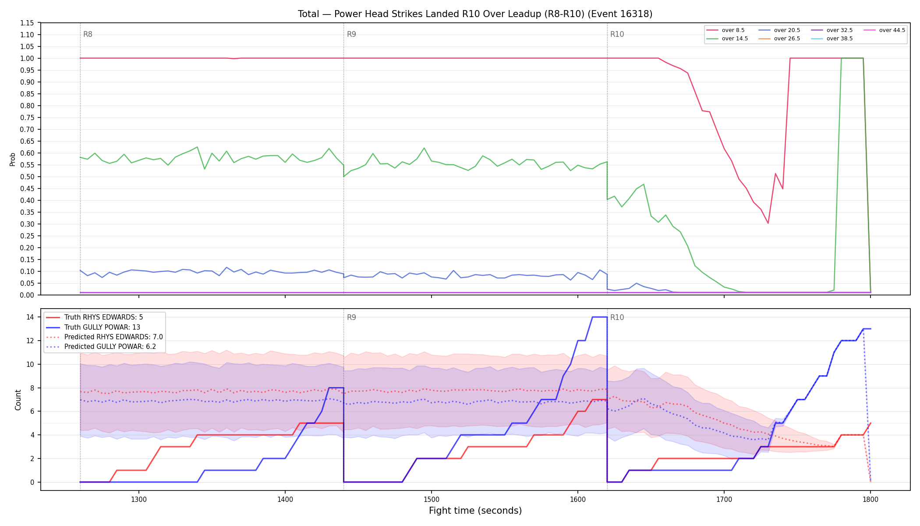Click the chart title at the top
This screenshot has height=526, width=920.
(475, 14)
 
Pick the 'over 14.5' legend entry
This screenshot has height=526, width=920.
(727, 39)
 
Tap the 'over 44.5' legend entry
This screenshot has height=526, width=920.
(885, 30)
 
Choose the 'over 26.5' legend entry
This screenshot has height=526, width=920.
(779, 39)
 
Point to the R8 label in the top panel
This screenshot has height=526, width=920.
(88, 34)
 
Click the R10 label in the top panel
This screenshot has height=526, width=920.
(617, 34)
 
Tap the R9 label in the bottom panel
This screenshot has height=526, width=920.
(351, 317)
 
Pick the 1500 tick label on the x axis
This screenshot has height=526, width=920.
(432, 499)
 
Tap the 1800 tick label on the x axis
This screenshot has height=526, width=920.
(870, 499)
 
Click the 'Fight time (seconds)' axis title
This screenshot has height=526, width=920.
(475, 511)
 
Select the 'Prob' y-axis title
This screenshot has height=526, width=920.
(12, 159)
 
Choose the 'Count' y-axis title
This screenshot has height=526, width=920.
(18, 400)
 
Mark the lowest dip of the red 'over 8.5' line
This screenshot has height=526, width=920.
(768, 224)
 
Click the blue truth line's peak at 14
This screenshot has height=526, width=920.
(600, 317)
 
